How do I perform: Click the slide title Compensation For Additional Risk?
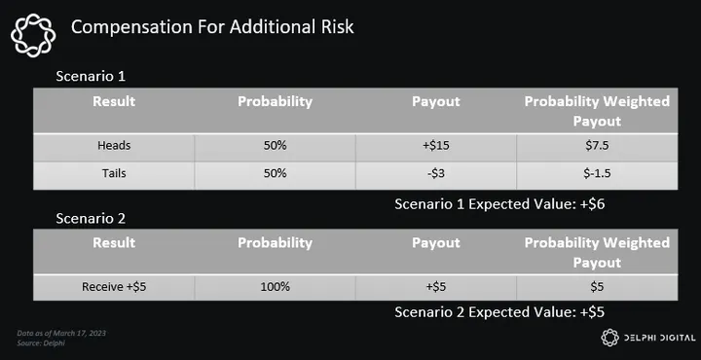point(212,27)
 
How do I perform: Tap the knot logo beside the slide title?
point(33,35)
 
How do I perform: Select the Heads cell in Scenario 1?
point(114,146)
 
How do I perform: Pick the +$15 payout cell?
point(436,146)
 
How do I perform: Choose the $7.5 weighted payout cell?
point(597,146)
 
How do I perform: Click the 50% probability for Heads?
point(275,146)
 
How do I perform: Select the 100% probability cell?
point(275,287)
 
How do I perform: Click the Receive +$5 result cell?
point(114,287)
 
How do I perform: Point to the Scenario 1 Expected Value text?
point(499,204)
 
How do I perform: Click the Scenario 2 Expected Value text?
point(499,312)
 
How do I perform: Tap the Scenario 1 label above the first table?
point(91,76)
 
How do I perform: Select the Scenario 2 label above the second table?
point(91,218)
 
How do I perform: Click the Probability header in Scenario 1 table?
point(275,102)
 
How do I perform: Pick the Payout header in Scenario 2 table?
point(436,243)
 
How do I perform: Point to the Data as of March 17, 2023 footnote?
point(61,333)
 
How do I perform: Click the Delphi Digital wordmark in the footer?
point(659,339)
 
